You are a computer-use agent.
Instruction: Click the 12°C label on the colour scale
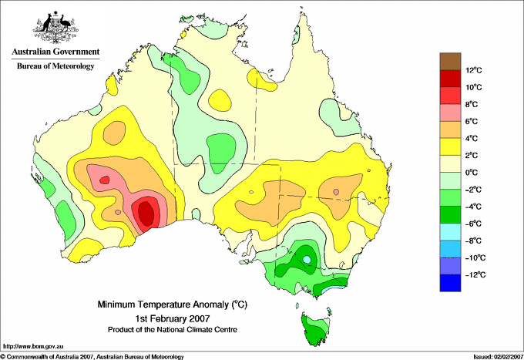474,70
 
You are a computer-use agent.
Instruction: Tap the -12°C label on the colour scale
474,274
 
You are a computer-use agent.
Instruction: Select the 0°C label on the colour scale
472,173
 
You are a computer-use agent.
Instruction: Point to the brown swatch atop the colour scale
450,61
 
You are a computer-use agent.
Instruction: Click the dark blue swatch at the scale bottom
450,283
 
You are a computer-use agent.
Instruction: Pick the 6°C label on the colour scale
472,121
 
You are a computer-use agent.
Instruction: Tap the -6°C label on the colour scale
474,224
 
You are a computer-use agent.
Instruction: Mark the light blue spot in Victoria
307,259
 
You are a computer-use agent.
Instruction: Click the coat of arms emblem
55,28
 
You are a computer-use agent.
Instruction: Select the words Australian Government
55,52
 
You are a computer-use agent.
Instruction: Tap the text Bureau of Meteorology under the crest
55,66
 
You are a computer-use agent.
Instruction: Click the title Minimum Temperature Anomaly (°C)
173,304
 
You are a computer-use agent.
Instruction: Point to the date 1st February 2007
173,318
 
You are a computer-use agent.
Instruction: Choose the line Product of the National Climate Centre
173,330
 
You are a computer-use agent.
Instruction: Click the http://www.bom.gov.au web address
33,346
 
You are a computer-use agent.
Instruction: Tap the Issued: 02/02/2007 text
499,357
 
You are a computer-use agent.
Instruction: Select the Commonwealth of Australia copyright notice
92,357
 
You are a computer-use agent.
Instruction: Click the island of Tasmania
316,330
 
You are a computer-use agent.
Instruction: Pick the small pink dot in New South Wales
336,192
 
